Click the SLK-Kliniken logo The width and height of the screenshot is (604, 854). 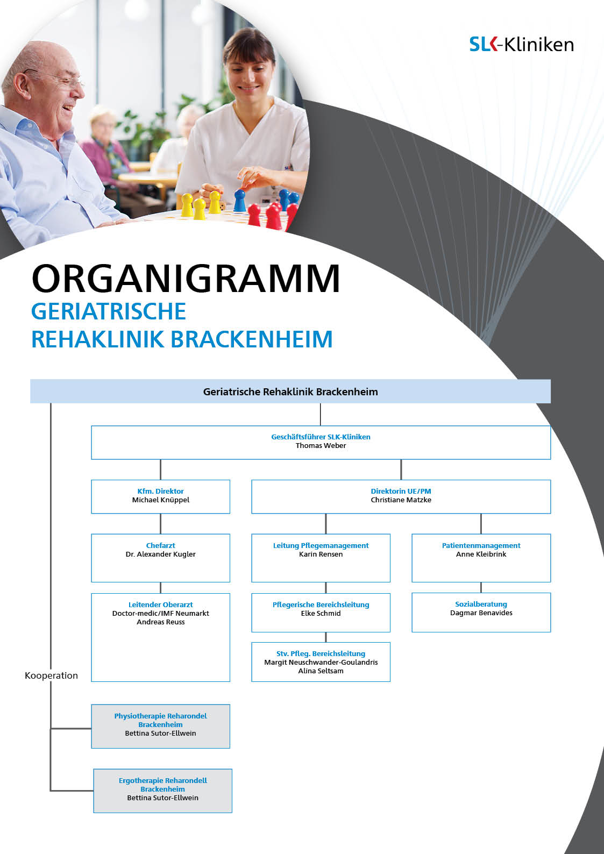521,44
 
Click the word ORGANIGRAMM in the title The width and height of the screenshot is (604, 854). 186,279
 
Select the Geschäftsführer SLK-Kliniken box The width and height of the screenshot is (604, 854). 321,442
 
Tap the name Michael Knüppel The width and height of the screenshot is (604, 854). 160,500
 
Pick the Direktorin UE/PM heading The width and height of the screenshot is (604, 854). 401,491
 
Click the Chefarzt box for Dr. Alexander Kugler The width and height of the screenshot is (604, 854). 160,558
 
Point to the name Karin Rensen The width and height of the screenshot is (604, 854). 321,554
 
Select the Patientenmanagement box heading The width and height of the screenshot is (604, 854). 481,545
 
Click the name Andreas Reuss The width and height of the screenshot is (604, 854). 160,622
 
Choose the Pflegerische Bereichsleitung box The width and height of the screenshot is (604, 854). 321,613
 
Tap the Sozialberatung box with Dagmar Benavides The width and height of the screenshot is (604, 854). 481,613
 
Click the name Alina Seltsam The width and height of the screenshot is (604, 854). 321,671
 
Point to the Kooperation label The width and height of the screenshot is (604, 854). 51,675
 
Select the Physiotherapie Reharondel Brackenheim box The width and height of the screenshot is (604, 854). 160,727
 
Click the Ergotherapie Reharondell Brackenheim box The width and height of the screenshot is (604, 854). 163,791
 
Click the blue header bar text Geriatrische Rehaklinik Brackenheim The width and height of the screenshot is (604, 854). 290,392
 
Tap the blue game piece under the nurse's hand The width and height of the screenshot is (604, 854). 240,201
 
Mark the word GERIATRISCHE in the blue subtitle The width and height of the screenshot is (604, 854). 108,311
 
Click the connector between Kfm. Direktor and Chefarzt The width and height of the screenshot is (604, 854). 160,524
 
